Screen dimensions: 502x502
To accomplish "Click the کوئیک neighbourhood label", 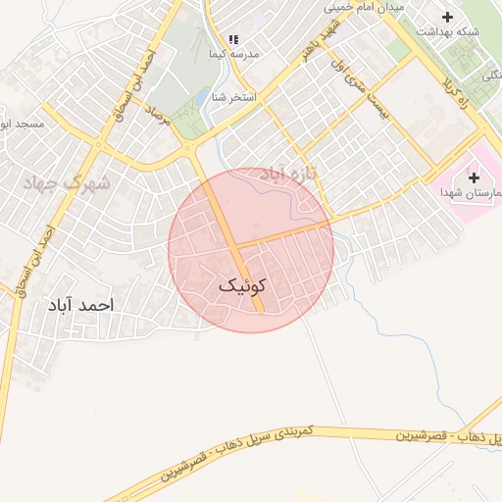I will click(x=241, y=285).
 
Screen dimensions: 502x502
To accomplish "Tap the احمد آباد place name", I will click(x=80, y=305).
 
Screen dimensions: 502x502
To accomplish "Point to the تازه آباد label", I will click(x=285, y=174).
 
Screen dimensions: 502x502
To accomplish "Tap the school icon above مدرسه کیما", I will click(x=233, y=39).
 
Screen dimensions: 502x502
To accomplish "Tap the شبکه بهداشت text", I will click(x=448, y=31).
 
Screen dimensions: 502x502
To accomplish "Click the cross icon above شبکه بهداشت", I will click(x=448, y=16).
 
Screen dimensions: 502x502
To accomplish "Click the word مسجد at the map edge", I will click(x=22, y=125).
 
